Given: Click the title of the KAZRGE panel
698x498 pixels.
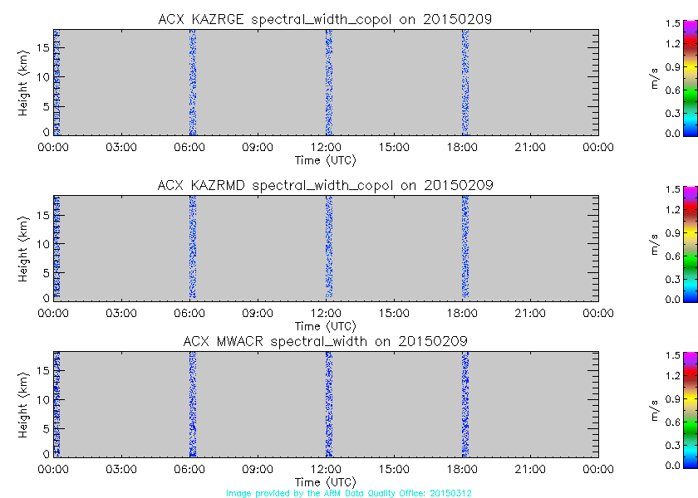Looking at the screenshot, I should pyautogui.click(x=325, y=19).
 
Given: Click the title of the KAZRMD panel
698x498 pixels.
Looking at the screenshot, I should pyautogui.click(x=325, y=185).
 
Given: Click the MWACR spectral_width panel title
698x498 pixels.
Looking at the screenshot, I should pyautogui.click(x=325, y=341).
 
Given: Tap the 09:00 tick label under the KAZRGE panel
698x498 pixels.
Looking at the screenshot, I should pyautogui.click(x=258, y=147).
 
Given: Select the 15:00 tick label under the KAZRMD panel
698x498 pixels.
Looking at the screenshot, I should pyautogui.click(x=394, y=313).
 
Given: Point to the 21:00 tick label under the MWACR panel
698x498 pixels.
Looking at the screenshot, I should pyautogui.click(x=530, y=469).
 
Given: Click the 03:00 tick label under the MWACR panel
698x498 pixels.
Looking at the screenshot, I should pyautogui.click(x=121, y=469).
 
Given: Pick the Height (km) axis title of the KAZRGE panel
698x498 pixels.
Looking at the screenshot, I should pyautogui.click(x=25, y=81).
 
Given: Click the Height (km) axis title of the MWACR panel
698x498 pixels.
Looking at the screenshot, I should pyautogui.click(x=25, y=403).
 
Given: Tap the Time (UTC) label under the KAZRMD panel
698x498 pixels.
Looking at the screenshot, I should pyautogui.click(x=325, y=325).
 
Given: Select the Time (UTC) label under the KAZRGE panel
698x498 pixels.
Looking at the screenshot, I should pyautogui.click(x=325, y=159).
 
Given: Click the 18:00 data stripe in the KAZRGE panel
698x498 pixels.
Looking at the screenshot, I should pyautogui.click(x=465, y=81).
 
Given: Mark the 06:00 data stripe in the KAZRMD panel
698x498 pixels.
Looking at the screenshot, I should pyautogui.click(x=192, y=247).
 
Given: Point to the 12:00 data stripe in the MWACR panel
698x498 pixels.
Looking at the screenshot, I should pyautogui.click(x=328, y=403).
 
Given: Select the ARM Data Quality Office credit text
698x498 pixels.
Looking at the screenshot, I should pyautogui.click(x=349, y=493).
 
